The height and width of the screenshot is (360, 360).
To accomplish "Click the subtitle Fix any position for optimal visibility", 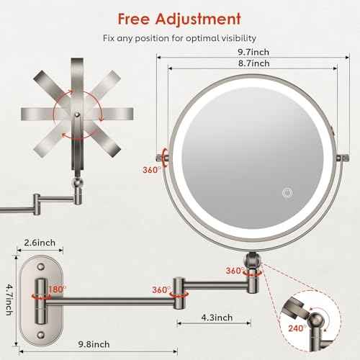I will click(x=179, y=37).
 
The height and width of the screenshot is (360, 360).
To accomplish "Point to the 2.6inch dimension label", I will click(x=40, y=242).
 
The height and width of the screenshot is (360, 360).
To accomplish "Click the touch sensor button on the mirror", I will click(x=287, y=193).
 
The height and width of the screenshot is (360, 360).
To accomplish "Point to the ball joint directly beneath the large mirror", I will click(x=253, y=259).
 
